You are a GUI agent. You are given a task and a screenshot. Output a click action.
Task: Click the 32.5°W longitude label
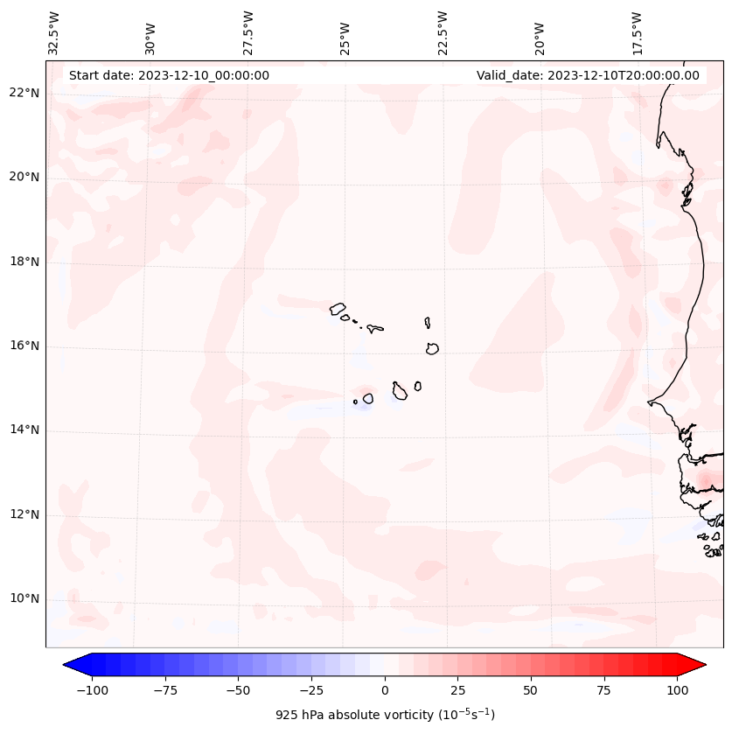pyautogui.click(x=54, y=32)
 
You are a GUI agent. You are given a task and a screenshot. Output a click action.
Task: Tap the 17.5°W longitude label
pyautogui.click(x=637, y=32)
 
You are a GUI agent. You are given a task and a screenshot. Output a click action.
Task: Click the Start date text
pyautogui.click(x=169, y=75)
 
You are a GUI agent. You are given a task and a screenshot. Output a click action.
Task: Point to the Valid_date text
pyautogui.click(x=588, y=75)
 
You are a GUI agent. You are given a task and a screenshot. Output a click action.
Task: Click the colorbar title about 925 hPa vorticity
pyautogui.click(x=385, y=715)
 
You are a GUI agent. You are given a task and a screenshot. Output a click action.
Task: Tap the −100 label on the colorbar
pyautogui.click(x=92, y=690)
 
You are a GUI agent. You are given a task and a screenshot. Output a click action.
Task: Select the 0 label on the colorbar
pyautogui.click(x=385, y=690)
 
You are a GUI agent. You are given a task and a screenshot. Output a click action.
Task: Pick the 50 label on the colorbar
pyautogui.click(x=531, y=690)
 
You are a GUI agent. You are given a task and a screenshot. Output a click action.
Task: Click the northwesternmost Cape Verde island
pyautogui.click(x=338, y=308)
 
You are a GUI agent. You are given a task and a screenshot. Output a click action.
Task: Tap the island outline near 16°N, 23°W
pyautogui.click(x=432, y=348)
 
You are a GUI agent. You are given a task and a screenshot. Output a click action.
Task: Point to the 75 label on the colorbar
pyautogui.click(x=604, y=690)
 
